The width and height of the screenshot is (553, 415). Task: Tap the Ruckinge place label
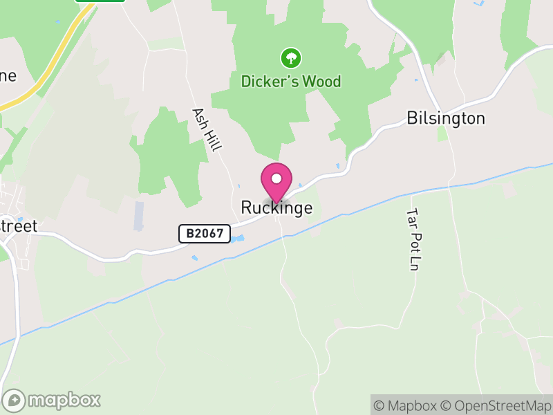click(276, 207)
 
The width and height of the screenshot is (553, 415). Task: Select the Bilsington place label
click(446, 118)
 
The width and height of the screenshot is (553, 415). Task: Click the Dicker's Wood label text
click(291, 82)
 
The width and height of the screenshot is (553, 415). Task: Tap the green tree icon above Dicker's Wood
click(291, 57)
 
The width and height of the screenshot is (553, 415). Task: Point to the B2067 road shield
click(205, 234)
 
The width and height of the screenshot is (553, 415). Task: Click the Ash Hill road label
click(207, 129)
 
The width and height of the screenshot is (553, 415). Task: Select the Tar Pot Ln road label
click(413, 239)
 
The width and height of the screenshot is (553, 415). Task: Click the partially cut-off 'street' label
click(19, 226)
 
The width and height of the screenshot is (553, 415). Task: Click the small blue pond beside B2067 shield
click(238, 239)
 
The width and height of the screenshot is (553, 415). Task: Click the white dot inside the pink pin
click(276, 178)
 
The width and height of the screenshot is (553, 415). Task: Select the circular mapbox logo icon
click(15, 400)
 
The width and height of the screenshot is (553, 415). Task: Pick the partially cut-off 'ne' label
click(8, 76)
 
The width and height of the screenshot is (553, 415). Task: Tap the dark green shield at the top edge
click(100, 1)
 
